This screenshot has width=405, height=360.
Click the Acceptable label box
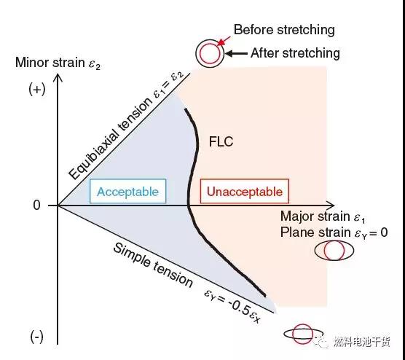[x=128, y=191]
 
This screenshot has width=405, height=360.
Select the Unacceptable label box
[x=245, y=191]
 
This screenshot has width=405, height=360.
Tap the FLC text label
[x=221, y=141]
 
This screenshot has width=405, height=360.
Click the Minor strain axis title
[x=58, y=63]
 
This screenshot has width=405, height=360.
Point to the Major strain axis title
[x=323, y=216]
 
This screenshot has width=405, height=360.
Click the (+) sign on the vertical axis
[x=37, y=90]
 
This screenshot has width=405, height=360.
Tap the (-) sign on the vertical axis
[x=36, y=337]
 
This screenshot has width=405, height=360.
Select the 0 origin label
[x=36, y=206]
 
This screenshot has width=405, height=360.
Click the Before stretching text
[x=284, y=30]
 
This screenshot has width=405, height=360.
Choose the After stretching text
[x=295, y=53]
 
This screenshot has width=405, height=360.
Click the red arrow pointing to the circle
[x=224, y=41]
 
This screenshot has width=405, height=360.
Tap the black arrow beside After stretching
[x=236, y=53]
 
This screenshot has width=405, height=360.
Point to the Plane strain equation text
[x=334, y=232]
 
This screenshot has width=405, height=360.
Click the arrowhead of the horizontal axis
[x=331, y=206]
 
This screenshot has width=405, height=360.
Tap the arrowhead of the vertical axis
[x=58, y=77]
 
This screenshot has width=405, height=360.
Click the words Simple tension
[x=153, y=265]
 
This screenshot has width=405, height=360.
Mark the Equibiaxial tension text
[x=111, y=138]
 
